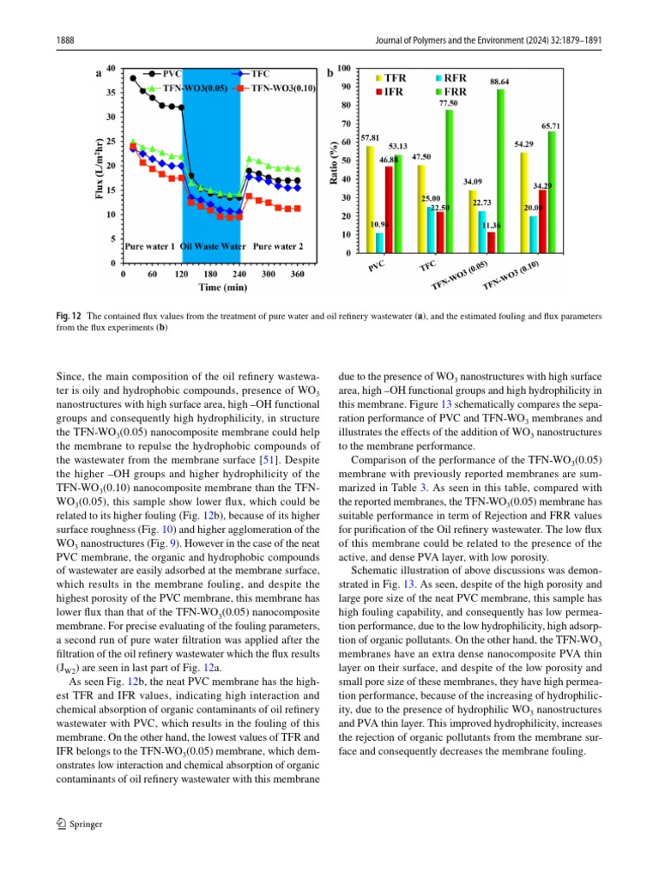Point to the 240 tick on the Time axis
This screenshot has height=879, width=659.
coord(210,274)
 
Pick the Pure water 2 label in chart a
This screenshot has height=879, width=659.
coord(278,246)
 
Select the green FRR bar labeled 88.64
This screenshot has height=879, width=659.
coord(500,171)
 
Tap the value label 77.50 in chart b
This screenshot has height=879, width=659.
coord(448,102)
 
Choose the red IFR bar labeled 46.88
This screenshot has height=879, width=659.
coord(389,209)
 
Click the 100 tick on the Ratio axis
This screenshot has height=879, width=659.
coord(343,68)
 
